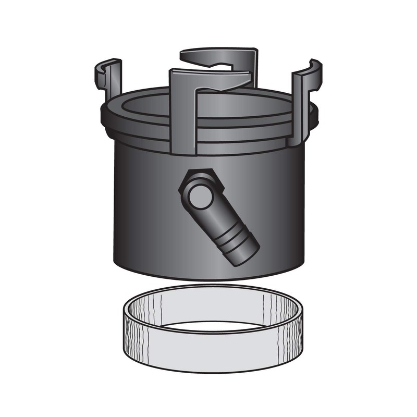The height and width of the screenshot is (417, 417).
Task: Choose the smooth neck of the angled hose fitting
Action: pyautogui.click(x=219, y=219)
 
